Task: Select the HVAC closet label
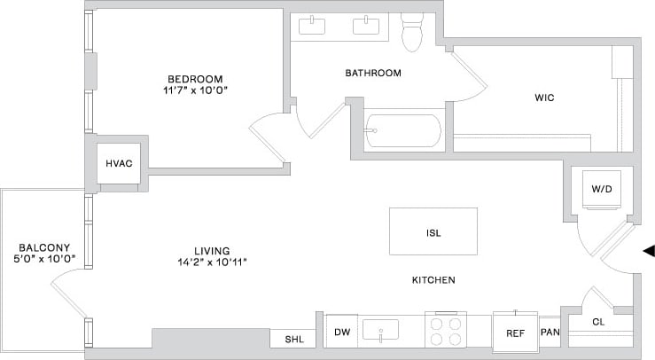(x=119, y=163)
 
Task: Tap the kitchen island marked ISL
(x=433, y=232)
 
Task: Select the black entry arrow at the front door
(x=648, y=252)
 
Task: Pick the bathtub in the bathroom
(x=402, y=131)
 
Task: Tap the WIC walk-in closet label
(x=544, y=98)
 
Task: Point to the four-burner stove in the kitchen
(x=445, y=331)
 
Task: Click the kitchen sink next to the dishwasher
(x=381, y=330)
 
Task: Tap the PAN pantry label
(x=550, y=333)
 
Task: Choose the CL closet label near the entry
(x=597, y=323)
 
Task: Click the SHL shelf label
(x=292, y=340)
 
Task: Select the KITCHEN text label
(x=433, y=280)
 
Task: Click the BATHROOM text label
(x=373, y=73)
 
